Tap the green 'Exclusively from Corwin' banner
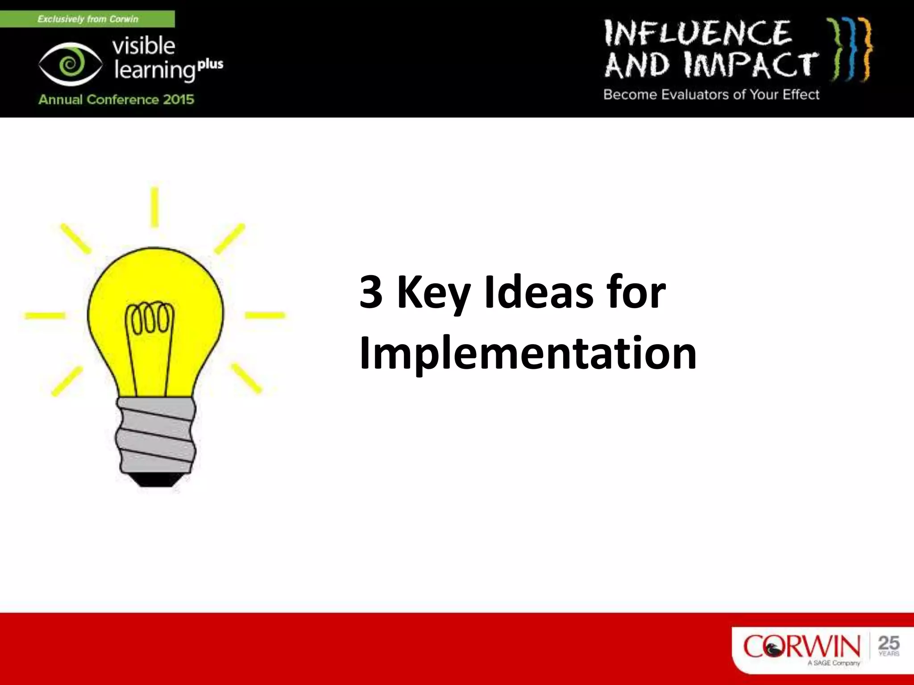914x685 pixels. [87, 19]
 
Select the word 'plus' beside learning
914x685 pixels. [210, 65]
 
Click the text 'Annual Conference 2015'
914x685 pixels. [116, 99]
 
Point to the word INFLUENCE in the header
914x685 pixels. [697, 33]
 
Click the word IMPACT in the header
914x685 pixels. [750, 65]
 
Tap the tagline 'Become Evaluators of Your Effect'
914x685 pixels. [711, 95]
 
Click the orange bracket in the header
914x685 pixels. [866, 49]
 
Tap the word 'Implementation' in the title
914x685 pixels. [528, 354]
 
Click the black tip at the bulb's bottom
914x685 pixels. [156, 480]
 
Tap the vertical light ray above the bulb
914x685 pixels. [154, 207]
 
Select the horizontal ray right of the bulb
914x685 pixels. [265, 316]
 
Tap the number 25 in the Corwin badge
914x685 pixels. [889, 643]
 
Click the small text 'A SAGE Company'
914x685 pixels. [834, 663]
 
